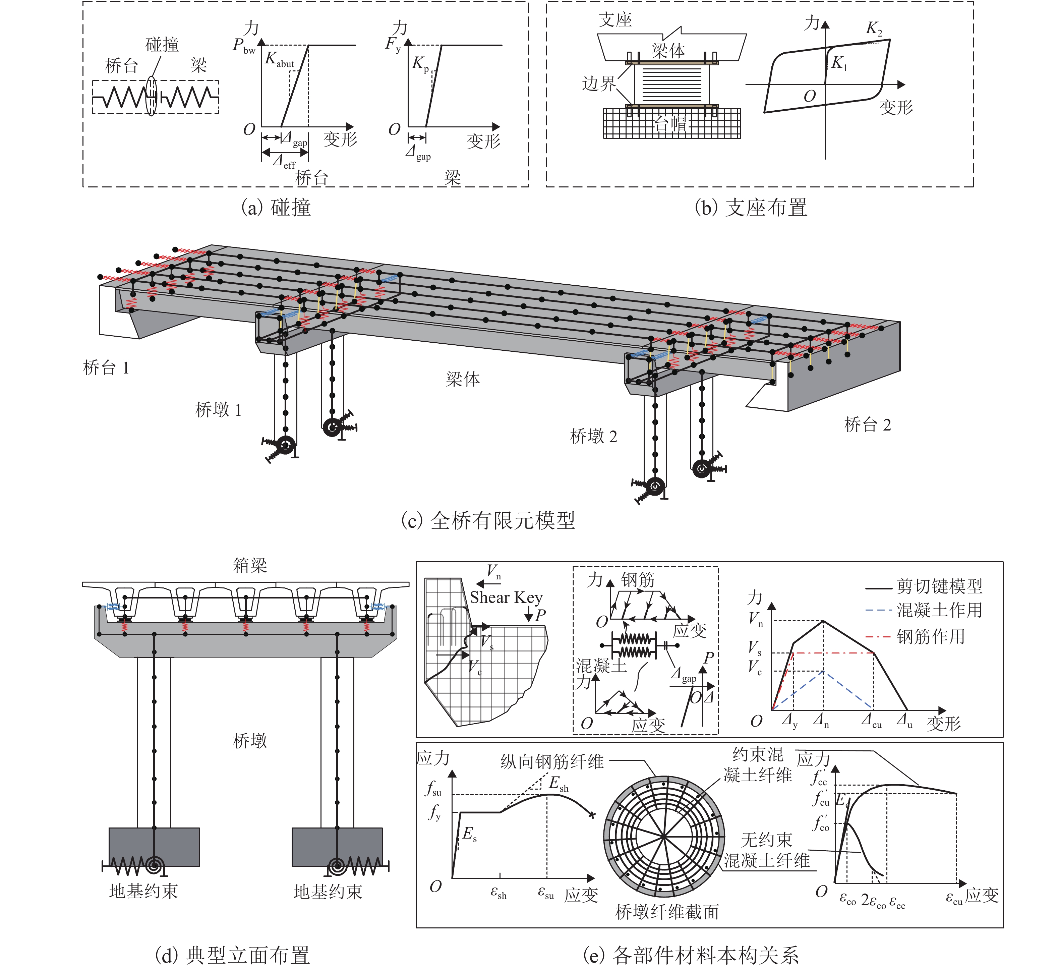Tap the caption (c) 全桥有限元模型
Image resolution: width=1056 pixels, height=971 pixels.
click(488, 520)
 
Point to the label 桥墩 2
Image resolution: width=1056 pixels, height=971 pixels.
click(594, 436)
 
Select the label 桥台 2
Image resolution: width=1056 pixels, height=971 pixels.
click(867, 424)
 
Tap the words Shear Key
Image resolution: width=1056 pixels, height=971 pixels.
click(506, 597)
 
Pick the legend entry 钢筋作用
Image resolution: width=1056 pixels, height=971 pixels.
click(930, 637)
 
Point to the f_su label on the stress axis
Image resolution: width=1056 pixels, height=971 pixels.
click(434, 789)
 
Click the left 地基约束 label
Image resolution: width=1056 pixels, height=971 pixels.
click(143, 892)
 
